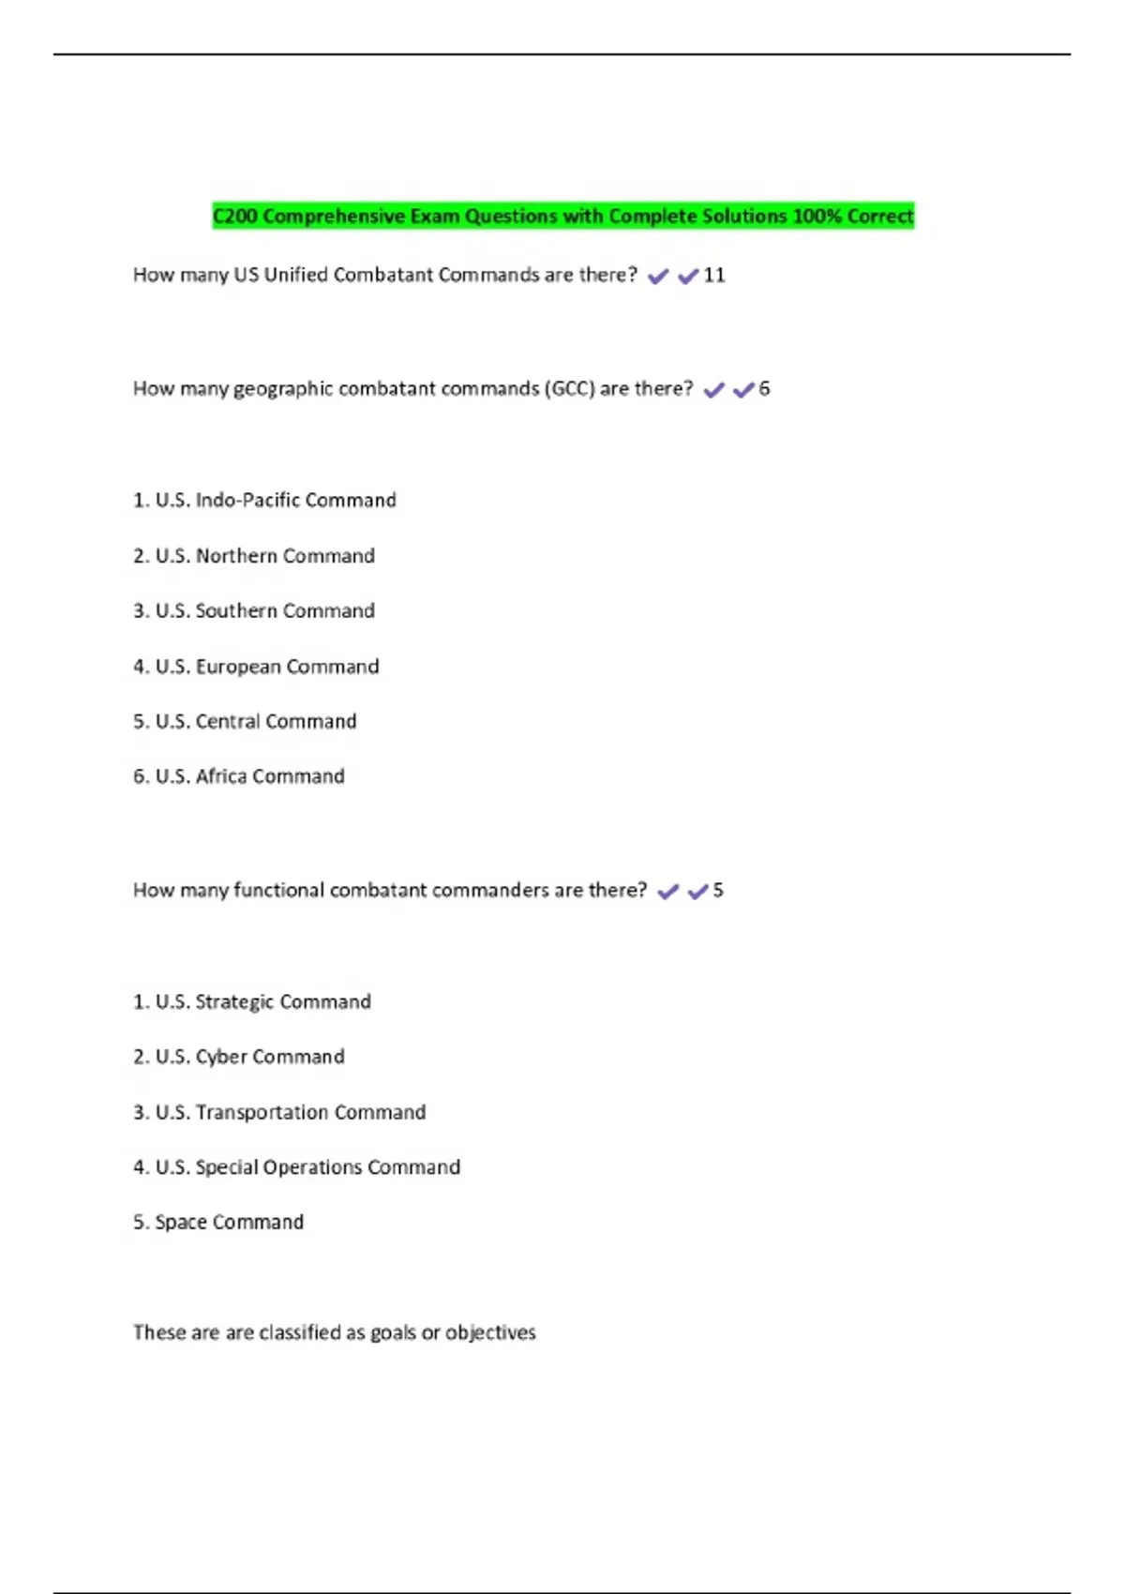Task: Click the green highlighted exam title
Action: coord(562,217)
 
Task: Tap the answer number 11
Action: coord(714,276)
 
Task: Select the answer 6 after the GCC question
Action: coord(764,389)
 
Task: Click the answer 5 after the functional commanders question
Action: coord(718,891)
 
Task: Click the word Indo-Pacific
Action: coord(247,501)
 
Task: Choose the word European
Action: coord(238,667)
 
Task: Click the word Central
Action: coord(228,722)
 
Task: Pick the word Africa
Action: coord(221,776)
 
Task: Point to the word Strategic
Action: coord(234,1002)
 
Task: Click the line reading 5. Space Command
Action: coord(218,1223)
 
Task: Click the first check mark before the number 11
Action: coord(658,277)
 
